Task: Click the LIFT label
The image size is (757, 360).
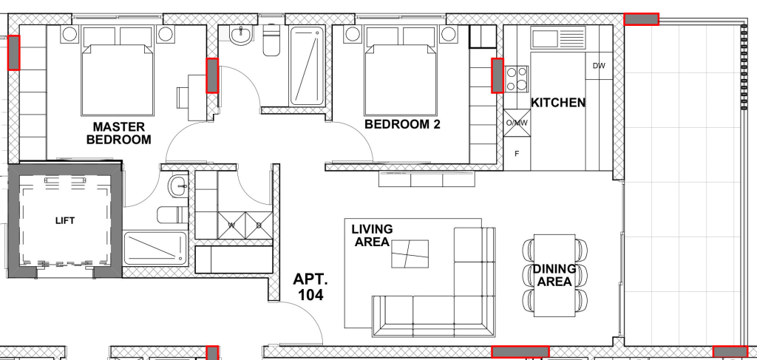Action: pyautogui.click(x=65, y=221)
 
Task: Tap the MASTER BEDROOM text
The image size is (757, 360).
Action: pyautogui.click(x=118, y=134)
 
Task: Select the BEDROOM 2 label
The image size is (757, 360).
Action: pyautogui.click(x=402, y=124)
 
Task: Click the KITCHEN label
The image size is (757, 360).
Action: pyautogui.click(x=558, y=103)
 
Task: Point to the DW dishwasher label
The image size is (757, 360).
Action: pyautogui.click(x=599, y=66)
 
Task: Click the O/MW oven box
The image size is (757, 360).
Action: pyautogui.click(x=517, y=123)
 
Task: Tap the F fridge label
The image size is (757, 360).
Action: pyautogui.click(x=517, y=154)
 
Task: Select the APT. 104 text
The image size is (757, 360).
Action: pyautogui.click(x=310, y=287)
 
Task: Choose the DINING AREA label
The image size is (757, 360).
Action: pyautogui.click(x=554, y=275)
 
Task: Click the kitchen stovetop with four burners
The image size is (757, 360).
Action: pyautogui.click(x=517, y=79)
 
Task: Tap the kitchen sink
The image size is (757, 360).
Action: pyautogui.click(x=559, y=37)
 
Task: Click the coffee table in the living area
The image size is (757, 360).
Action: pyautogui.click(x=410, y=254)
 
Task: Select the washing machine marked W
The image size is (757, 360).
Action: pyautogui.click(x=231, y=225)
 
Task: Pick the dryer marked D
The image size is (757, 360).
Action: pyautogui.click(x=259, y=225)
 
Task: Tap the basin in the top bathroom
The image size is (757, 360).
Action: pyautogui.click(x=240, y=35)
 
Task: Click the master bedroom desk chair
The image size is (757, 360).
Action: pyautogui.click(x=183, y=98)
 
